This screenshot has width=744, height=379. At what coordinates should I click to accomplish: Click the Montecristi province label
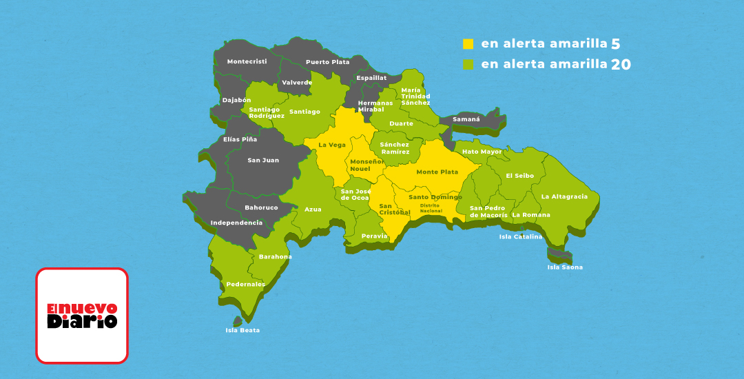click(247, 61)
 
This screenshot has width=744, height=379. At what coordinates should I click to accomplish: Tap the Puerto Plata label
click(327, 61)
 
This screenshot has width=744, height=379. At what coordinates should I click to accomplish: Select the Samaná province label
click(466, 119)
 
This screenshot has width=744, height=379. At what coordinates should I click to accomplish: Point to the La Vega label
click(332, 145)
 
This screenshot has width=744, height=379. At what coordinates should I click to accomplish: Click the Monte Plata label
click(437, 172)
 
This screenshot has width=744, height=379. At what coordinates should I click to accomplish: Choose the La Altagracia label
click(564, 196)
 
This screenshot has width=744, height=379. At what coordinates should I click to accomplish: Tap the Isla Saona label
click(565, 267)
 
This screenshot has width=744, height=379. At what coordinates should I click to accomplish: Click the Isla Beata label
click(242, 330)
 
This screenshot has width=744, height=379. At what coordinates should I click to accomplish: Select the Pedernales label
click(246, 284)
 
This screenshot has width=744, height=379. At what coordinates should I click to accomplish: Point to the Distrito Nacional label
click(431, 207)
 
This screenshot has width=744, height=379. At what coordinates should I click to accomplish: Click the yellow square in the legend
click(468, 44)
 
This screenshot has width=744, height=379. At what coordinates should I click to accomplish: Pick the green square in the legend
click(468, 65)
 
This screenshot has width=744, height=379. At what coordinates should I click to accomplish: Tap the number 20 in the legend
click(620, 65)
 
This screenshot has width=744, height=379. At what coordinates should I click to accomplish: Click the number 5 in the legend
click(615, 44)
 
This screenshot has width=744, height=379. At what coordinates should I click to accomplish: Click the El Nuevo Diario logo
click(82, 316)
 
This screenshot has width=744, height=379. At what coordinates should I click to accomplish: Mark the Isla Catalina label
click(521, 237)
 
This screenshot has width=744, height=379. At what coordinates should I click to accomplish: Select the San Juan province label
click(263, 160)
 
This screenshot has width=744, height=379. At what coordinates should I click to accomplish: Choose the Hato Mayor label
click(482, 152)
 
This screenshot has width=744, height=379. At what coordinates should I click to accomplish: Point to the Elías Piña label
click(240, 139)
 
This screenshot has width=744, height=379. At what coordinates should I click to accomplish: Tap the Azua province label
click(313, 209)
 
